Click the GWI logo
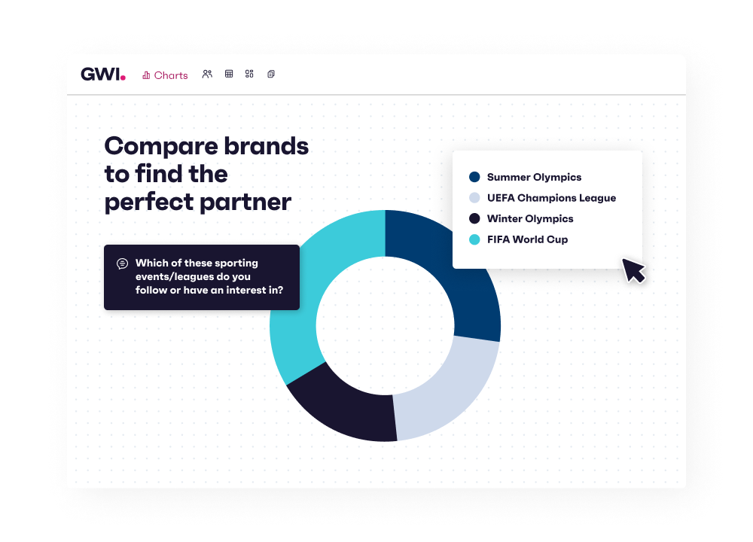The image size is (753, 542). [x=102, y=75]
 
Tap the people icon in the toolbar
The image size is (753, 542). [x=207, y=75]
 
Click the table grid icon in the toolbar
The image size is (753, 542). [x=229, y=75]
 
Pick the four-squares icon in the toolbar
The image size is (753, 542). [x=250, y=75]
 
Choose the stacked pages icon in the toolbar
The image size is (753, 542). [x=271, y=75]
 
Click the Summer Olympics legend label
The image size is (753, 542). [x=534, y=178]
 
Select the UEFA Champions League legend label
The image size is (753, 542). [x=551, y=198]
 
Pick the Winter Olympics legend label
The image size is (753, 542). [x=530, y=219]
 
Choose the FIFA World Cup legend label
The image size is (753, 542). [x=527, y=239]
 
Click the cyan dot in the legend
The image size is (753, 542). [x=474, y=239]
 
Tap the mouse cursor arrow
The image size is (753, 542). [x=633, y=269]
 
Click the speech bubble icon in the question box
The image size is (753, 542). [x=122, y=263]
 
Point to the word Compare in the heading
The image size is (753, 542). [x=154, y=146]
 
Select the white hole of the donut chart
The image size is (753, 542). [x=385, y=325]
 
